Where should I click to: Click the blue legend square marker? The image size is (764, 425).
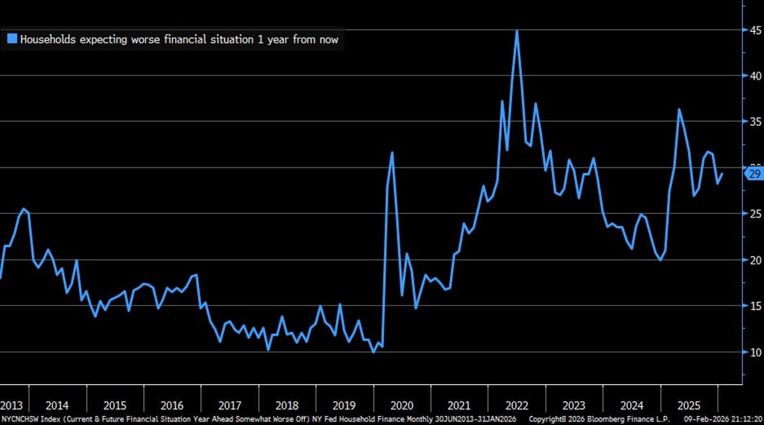(x=12, y=39)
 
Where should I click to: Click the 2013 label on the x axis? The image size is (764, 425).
(x=12, y=405)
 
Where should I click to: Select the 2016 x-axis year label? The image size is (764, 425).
(x=173, y=405)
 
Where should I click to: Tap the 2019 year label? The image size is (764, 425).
(x=344, y=405)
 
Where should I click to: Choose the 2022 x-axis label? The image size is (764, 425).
(x=517, y=405)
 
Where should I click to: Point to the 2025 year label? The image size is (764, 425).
(x=690, y=405)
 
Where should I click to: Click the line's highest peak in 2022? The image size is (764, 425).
(x=517, y=31)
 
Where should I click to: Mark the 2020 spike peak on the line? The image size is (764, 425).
(x=392, y=152)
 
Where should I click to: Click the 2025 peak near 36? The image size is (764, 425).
(x=679, y=109)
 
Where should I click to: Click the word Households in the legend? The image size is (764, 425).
(x=47, y=40)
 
